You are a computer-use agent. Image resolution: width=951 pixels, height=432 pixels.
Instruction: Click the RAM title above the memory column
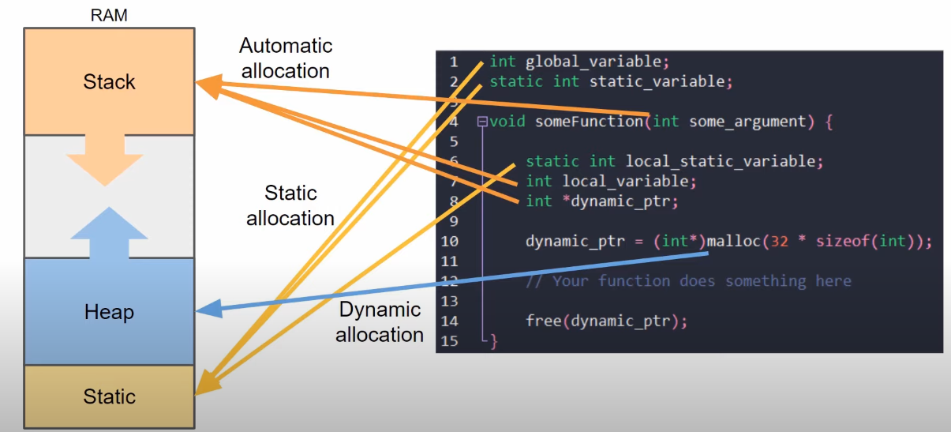tap(108, 14)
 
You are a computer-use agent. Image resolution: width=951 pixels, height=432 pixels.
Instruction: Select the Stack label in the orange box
tap(109, 82)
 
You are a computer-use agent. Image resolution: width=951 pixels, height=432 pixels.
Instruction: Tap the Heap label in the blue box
tap(109, 313)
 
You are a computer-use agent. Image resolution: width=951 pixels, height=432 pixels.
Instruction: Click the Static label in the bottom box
tap(109, 396)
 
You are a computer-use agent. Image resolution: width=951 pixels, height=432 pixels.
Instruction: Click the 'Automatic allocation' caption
tap(286, 58)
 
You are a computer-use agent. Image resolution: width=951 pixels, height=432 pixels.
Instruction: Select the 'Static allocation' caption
tap(290, 205)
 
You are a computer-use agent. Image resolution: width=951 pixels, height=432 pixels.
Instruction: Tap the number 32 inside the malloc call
tap(779, 241)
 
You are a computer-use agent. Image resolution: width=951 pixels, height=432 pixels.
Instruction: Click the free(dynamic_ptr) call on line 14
tap(606, 321)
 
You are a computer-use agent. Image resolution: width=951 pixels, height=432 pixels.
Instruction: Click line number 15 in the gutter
tap(450, 341)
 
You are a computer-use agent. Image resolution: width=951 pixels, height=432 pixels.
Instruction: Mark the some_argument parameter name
tap(747, 122)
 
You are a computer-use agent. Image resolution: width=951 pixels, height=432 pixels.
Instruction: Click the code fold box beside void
tap(482, 122)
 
